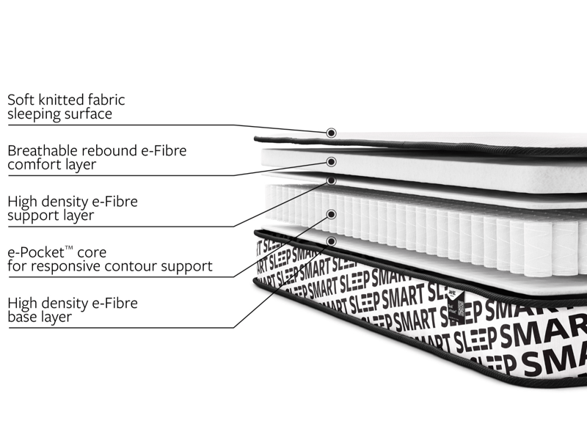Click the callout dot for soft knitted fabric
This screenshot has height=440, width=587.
[x=331, y=133]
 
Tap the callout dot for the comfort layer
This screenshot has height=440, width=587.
[x=331, y=161]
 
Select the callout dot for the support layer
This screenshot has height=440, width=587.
[x=331, y=180]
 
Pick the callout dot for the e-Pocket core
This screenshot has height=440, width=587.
[x=331, y=214]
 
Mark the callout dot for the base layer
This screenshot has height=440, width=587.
[x=331, y=241]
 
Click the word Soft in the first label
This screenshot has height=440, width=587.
[x=20, y=99]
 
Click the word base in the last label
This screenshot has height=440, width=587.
[x=22, y=317]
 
